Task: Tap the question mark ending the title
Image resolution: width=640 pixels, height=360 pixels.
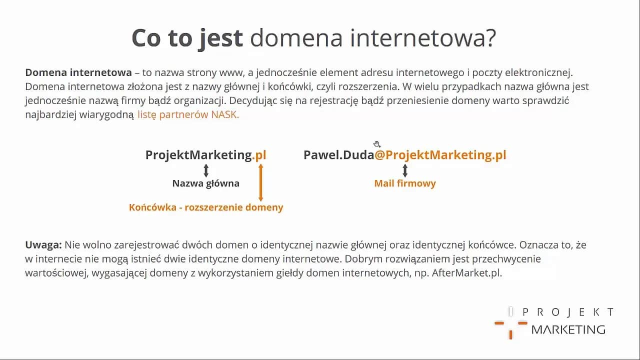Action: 489,38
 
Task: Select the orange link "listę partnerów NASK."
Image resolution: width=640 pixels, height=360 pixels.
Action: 188,114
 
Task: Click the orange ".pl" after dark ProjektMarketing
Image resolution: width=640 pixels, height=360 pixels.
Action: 259,155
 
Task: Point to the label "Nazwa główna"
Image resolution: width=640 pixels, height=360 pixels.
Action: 206,183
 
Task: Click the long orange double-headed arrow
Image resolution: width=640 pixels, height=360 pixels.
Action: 260,182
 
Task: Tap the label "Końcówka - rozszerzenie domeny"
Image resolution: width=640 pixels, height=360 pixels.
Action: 206,207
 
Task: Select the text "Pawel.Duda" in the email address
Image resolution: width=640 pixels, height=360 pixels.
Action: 338,155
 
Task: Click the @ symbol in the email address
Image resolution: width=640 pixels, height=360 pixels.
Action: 380,155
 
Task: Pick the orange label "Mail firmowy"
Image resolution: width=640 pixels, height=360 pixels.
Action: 405,183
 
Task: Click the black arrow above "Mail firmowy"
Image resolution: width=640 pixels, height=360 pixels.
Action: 405,170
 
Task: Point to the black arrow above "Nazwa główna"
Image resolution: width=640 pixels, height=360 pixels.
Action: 206,170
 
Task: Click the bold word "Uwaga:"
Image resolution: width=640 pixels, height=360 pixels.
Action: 43,245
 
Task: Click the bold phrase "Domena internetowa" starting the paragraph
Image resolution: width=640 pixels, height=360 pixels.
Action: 78,73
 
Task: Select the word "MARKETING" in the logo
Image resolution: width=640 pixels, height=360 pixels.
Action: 568,329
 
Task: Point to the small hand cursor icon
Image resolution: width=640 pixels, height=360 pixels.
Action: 377,144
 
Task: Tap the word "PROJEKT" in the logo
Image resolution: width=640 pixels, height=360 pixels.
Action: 568,312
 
